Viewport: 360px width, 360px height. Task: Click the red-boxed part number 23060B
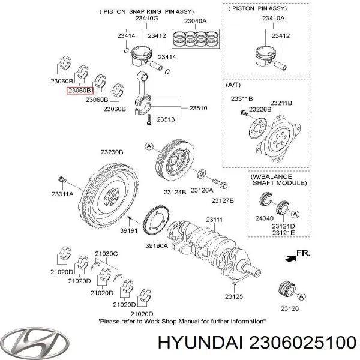click(x=79, y=91)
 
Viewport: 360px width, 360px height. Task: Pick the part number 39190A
click(x=158, y=246)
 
